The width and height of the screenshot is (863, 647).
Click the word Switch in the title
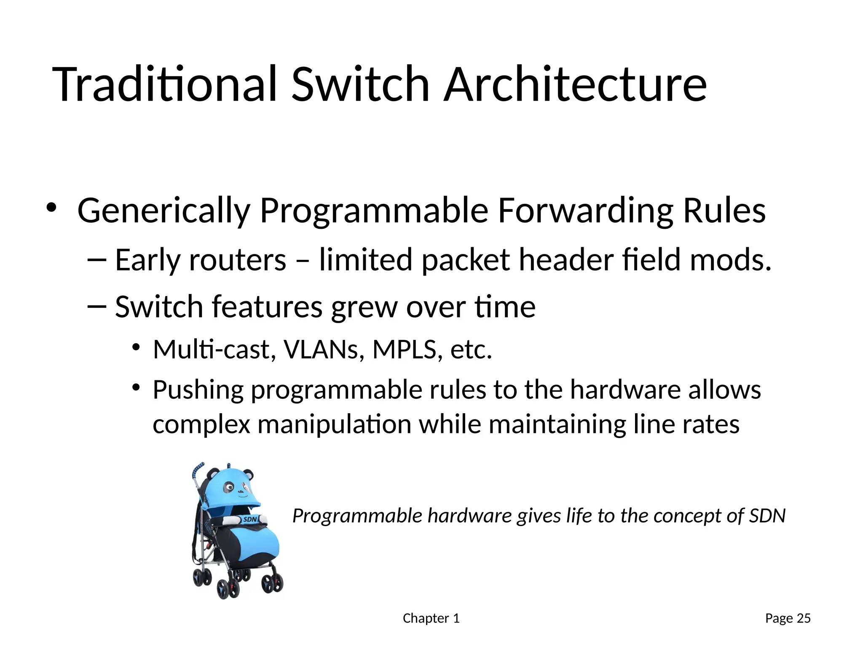[360, 84]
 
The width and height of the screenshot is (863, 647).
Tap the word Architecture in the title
[575, 84]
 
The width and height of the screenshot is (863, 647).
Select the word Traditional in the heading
[164, 84]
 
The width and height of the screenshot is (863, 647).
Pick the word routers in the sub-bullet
[238, 260]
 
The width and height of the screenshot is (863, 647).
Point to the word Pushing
[198, 390]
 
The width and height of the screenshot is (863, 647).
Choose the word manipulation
[334, 424]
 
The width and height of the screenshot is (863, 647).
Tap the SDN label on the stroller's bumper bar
[250, 519]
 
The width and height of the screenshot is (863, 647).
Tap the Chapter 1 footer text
[431, 618]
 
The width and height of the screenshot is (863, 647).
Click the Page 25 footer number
[788, 618]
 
